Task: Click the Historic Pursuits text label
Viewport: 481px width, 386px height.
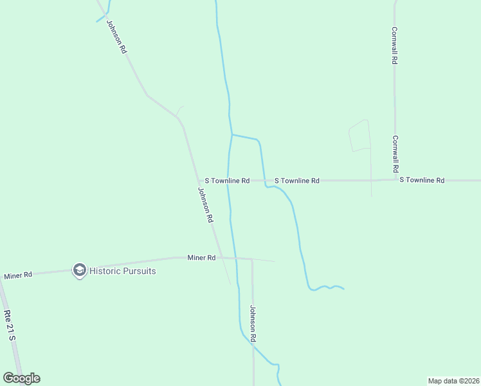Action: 122,271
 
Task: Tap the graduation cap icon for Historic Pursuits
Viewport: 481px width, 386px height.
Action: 80,270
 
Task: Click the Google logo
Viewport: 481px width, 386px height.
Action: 21,378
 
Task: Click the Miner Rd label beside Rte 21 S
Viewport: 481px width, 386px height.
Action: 18,275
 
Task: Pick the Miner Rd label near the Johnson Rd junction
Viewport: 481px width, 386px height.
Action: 201,258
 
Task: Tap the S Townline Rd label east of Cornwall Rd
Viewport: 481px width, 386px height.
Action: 422,180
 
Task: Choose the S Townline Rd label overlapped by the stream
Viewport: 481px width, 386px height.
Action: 227,181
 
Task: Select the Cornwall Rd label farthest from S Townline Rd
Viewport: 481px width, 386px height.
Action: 395,45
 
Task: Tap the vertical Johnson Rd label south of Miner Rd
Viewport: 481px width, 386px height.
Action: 253,324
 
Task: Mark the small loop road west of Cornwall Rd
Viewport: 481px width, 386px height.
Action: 359,136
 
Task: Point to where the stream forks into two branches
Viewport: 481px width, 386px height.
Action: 231,134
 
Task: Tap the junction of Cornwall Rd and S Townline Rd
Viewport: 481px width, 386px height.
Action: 395,180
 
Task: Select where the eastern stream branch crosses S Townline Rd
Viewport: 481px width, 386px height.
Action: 264,181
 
